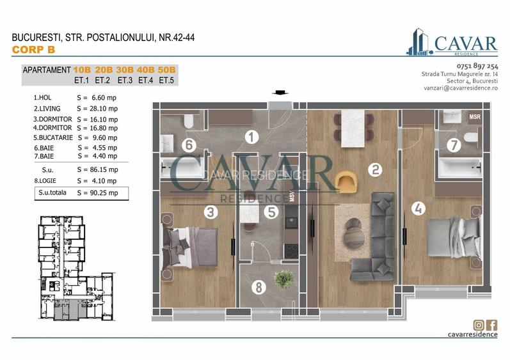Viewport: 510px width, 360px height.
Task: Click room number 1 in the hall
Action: pos(251,136)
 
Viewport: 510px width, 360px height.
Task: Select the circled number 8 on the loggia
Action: pos(259,287)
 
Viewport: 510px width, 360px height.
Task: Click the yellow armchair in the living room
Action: pos(346,180)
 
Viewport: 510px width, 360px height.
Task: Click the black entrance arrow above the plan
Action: pos(279,93)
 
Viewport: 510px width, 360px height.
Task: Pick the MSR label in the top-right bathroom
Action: pos(475,117)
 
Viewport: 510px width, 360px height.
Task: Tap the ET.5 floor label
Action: pos(167,81)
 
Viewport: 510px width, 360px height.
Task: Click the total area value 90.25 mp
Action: pos(97,192)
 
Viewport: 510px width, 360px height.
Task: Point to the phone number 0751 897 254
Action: pos(477,67)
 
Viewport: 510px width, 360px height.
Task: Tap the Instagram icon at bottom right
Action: pos(478,325)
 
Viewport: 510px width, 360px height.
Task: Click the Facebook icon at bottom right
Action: pos(492,325)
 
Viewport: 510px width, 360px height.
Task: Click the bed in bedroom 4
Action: pos(447,237)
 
